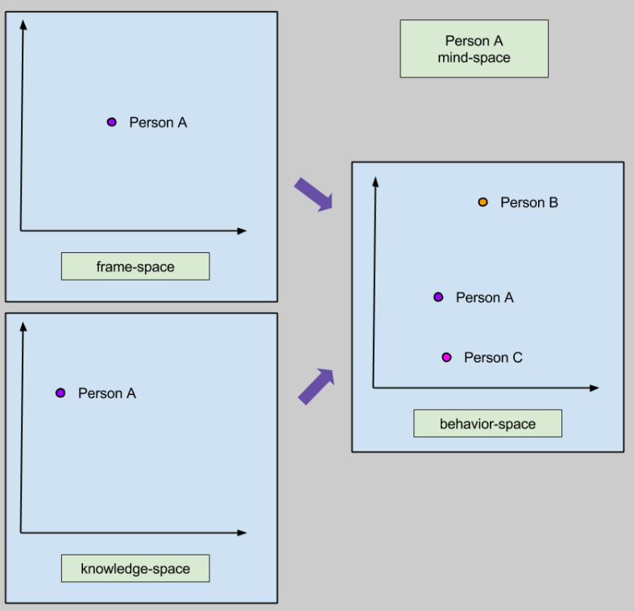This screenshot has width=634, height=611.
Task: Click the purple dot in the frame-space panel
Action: point(112,123)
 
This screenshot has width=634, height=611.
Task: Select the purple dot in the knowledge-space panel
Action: point(60,393)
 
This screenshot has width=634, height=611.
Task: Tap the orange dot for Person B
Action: point(483,202)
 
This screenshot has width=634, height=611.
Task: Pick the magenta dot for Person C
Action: point(447,357)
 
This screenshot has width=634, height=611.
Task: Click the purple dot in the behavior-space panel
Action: point(438,297)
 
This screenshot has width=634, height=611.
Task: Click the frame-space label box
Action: point(135,267)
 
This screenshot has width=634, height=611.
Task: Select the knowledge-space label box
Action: point(135,568)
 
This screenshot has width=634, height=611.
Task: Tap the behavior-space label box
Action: point(487,424)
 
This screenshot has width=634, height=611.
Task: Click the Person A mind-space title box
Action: point(474,49)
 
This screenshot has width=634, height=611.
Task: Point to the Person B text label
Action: point(528,202)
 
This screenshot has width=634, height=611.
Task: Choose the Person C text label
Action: point(493,357)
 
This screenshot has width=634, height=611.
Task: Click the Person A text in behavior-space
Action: point(484,297)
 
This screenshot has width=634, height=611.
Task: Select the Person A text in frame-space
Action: point(158,123)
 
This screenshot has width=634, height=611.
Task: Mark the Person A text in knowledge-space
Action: point(107,393)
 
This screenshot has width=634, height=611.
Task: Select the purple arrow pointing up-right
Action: point(316,385)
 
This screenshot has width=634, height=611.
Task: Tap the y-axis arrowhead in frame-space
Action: point(23,23)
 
